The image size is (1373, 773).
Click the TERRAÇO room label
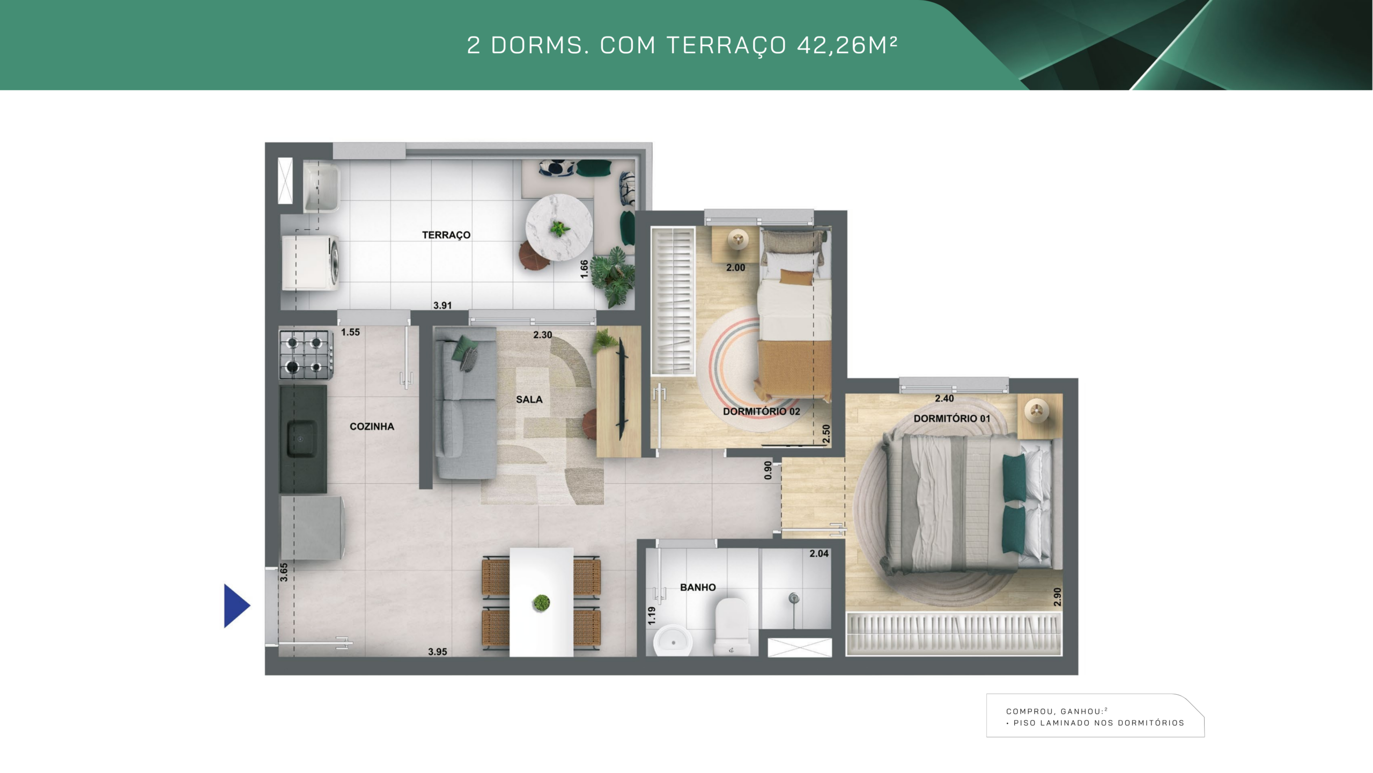click(x=446, y=235)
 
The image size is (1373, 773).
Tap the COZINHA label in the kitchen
click(x=372, y=426)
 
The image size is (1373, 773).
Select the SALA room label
click(x=529, y=399)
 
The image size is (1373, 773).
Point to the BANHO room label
click(x=698, y=587)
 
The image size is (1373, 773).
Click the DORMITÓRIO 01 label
click(x=952, y=418)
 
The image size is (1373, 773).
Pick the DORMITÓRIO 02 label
click(x=762, y=411)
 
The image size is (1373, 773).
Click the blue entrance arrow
click(x=237, y=606)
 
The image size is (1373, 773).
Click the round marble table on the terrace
click(x=559, y=228)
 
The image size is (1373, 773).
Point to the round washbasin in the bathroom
click(x=673, y=640)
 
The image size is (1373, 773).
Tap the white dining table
click(x=541, y=602)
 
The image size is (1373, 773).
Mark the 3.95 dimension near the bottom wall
click(x=438, y=652)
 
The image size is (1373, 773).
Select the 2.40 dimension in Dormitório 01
click(x=944, y=398)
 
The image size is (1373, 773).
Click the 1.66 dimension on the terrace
click(x=585, y=269)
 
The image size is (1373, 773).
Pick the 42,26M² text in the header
click(x=847, y=45)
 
